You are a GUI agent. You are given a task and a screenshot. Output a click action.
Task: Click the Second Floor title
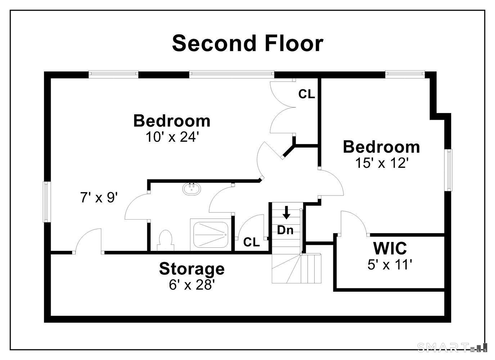(x=248, y=43)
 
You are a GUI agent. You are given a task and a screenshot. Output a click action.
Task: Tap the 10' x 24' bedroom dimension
(x=171, y=137)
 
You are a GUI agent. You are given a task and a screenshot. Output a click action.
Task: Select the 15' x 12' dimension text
(x=381, y=163)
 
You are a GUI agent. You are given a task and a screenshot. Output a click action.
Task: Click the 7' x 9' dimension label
(x=99, y=197)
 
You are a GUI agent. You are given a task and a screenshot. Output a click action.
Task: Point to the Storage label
(x=192, y=269)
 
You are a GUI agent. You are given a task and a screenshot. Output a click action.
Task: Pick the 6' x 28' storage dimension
(x=192, y=285)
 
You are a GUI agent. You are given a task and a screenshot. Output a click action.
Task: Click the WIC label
(x=390, y=248)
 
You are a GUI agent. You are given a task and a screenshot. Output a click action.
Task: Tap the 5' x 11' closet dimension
(x=390, y=265)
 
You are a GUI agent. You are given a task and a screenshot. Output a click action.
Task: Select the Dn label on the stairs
(x=285, y=230)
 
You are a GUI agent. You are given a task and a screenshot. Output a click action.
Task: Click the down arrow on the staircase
(x=287, y=212)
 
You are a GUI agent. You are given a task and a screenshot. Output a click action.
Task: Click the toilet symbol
(x=166, y=241)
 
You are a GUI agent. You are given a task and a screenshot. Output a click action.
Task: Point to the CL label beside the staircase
(x=252, y=242)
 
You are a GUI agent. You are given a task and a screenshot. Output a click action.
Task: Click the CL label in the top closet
(x=306, y=94)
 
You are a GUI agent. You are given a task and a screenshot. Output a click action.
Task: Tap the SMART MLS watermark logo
(x=452, y=347)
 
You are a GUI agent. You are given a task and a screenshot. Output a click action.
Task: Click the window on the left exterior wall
(x=47, y=202)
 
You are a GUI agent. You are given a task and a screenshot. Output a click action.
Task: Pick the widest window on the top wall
(x=231, y=74)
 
